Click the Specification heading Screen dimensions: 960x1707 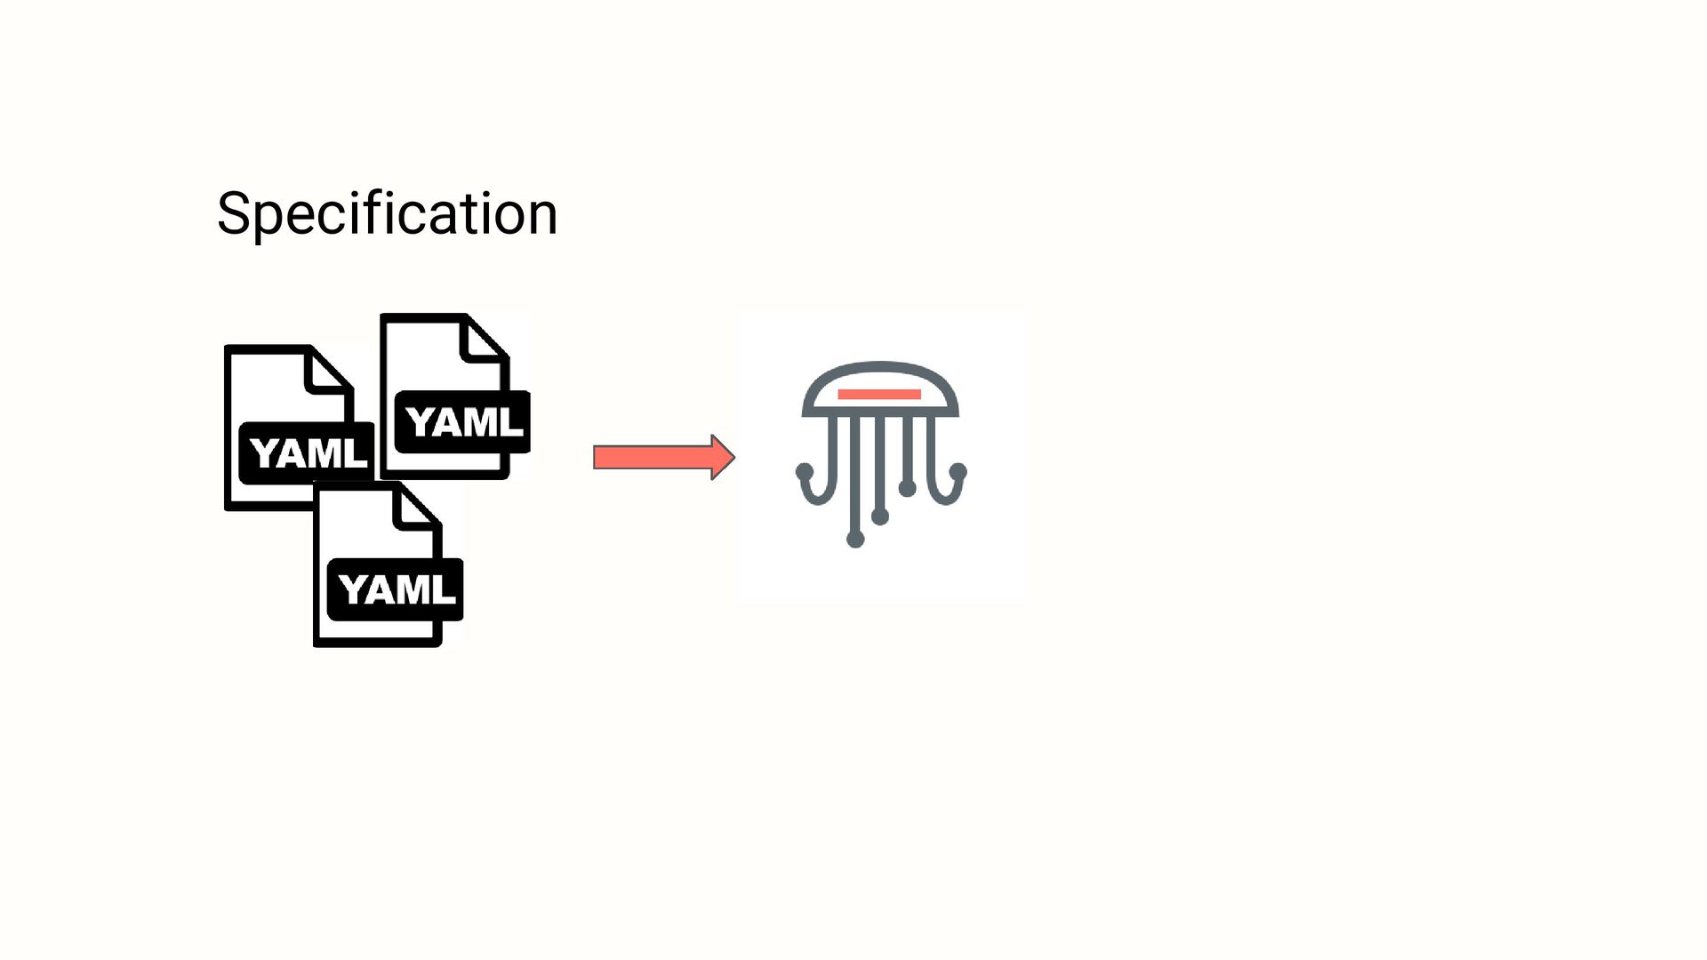click(x=387, y=213)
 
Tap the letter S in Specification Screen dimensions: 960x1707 click(x=233, y=213)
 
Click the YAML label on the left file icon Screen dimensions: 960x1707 click(x=308, y=453)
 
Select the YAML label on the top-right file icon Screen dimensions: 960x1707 click(x=463, y=421)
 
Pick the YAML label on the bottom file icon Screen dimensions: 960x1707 click(x=397, y=589)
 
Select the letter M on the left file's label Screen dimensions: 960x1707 click(x=330, y=454)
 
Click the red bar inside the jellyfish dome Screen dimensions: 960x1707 click(x=879, y=394)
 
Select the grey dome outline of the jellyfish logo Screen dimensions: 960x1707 click(x=880, y=365)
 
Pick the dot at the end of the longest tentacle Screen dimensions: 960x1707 click(x=855, y=539)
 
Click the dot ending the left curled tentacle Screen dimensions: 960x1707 click(x=805, y=470)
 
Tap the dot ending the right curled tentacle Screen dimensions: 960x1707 click(x=958, y=470)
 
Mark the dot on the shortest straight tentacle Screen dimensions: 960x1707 click(x=907, y=488)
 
